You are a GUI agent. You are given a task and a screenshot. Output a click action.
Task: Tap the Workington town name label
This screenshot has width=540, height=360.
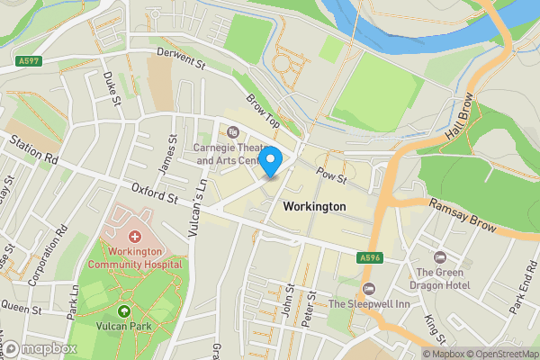click(314, 207)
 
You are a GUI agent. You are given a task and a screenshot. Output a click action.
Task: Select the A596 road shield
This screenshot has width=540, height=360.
click(369, 257)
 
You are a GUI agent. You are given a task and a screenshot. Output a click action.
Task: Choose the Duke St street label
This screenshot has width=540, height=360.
click(112, 88)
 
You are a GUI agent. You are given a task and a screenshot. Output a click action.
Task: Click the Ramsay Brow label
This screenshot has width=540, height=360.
click(462, 217)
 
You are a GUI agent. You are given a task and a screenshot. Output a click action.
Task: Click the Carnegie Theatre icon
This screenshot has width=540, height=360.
click(233, 131)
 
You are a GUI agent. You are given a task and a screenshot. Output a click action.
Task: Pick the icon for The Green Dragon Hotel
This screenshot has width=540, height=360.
click(440, 257)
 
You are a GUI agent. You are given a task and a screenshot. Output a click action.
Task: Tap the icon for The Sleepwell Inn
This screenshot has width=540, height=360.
click(367, 288)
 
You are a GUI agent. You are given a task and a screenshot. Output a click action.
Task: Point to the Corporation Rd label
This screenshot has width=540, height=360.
click(48, 256)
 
